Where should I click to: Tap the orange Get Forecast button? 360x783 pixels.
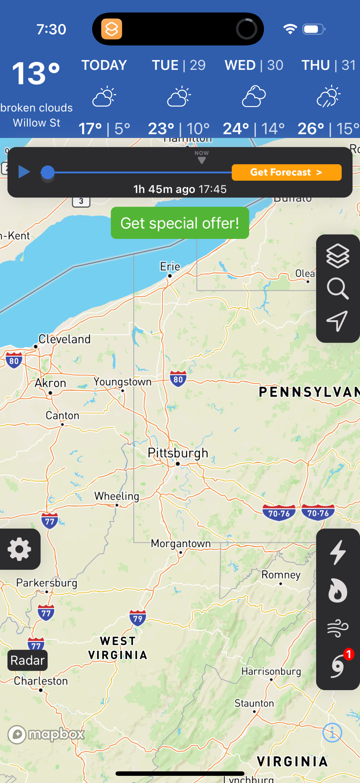pos(286,172)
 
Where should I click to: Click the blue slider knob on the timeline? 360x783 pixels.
pos(47,172)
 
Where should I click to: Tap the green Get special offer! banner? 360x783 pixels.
pos(180,223)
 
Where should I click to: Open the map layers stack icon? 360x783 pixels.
pos(338,256)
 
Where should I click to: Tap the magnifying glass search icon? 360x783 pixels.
pos(338,288)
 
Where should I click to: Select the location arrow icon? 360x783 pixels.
pos(338,321)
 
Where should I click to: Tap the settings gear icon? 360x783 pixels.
pos(19,549)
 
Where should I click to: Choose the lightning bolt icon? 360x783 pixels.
pos(338,552)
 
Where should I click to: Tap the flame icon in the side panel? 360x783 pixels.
pos(338,591)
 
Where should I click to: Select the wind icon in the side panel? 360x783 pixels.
pos(338,628)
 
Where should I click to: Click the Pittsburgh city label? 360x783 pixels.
pos(178,453)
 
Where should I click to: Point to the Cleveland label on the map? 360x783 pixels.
pos(64,339)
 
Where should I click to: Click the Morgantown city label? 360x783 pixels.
pos(181,544)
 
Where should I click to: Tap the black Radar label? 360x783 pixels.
pos(27,661)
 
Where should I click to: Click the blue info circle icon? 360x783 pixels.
pos(332,733)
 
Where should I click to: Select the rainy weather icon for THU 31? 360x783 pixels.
pos(328,96)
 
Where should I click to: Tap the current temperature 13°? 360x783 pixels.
pos(36,73)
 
